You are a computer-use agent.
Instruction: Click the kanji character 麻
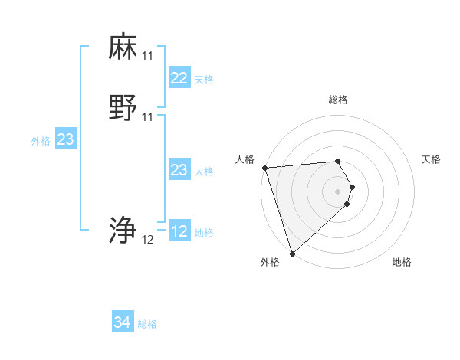tap(123, 47)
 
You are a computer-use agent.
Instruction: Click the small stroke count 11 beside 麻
tap(147, 57)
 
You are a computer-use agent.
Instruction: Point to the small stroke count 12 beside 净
tap(147, 240)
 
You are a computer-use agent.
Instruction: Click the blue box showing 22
tap(179, 78)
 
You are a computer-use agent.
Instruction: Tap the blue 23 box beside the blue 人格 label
tap(179, 171)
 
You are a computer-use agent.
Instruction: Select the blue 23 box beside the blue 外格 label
tap(65, 139)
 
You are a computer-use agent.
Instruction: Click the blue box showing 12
tap(179, 232)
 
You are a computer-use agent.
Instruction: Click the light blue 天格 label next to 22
tap(204, 80)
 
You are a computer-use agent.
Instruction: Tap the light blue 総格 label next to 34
tap(147, 324)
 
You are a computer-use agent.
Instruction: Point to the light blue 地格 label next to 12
tap(204, 233)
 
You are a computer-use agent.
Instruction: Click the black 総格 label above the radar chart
tap(337, 100)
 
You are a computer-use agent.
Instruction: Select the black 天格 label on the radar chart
tap(432, 159)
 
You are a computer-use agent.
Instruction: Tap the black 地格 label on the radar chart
tap(402, 262)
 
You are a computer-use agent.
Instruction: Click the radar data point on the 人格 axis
tap(264, 168)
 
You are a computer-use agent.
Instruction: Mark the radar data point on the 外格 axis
tap(292, 253)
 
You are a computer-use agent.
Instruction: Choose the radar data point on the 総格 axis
tap(337, 161)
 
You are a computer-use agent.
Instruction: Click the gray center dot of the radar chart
tap(337, 191)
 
